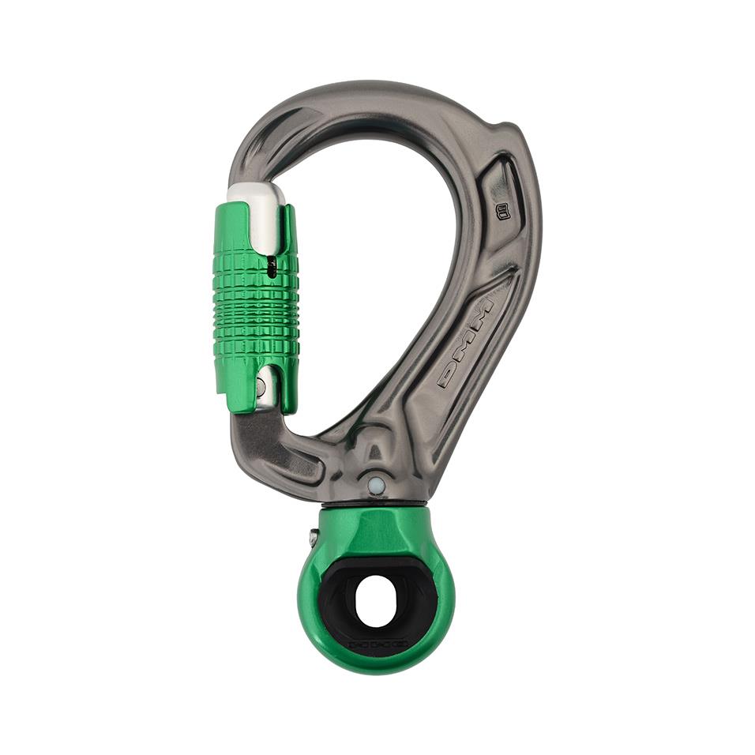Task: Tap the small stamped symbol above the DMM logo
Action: [x=501, y=210]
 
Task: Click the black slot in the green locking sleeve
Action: [x=272, y=269]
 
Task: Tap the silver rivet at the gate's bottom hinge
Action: [x=261, y=387]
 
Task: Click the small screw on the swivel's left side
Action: [x=314, y=539]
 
